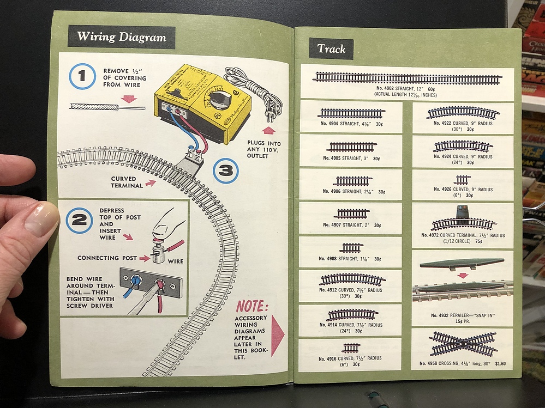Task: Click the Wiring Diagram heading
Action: coord(121,37)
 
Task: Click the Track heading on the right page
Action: coord(331,49)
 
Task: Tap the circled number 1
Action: coord(82,77)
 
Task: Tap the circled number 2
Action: coord(79,220)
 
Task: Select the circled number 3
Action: coord(226,170)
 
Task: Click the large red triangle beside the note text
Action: coord(277,336)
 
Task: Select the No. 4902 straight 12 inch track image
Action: coord(407,78)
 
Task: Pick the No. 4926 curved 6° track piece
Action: coord(462,179)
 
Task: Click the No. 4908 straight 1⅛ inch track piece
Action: coord(351,248)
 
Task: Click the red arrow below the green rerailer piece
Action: coord(463,275)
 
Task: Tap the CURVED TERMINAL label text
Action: coord(127,182)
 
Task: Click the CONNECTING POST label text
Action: coord(106,258)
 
